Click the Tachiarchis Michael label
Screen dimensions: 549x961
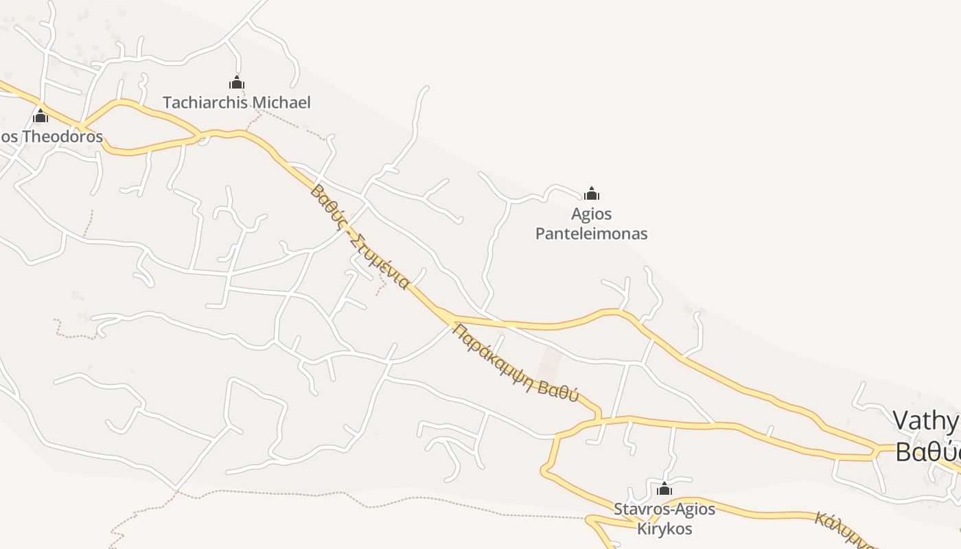click(237, 103)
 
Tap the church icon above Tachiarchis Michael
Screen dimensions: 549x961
click(237, 83)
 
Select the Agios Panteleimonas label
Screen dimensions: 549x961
click(591, 224)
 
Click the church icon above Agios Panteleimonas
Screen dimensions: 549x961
click(592, 194)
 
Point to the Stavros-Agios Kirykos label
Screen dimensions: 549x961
click(664, 519)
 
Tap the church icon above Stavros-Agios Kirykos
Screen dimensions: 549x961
click(664, 489)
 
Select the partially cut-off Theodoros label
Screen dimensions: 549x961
click(51, 137)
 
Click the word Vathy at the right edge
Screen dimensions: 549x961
click(925, 421)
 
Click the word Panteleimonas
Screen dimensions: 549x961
click(591, 234)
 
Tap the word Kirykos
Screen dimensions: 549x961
click(664, 529)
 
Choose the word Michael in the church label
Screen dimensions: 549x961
click(281, 103)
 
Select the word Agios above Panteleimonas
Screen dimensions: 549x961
click(591, 214)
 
